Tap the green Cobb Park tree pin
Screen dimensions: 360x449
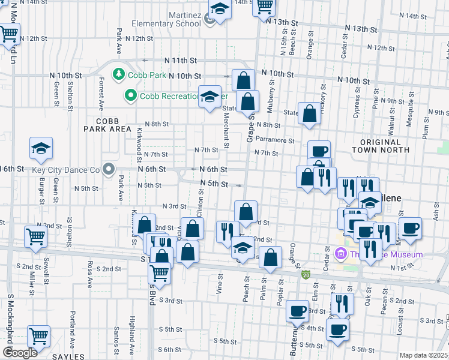pyautogui.click(x=119, y=74)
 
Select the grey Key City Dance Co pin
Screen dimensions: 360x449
pyautogui.click(x=108, y=170)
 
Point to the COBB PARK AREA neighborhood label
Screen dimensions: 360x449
pyautogui.click(x=107, y=125)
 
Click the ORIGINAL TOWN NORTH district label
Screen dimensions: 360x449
pyautogui.click(x=384, y=145)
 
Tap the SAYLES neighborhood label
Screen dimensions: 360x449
pyautogui.click(x=68, y=356)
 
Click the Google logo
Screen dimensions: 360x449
pyautogui.click(x=19, y=353)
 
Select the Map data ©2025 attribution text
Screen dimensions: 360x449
pyautogui.click(x=424, y=355)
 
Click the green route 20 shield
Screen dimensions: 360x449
pyautogui.click(x=306, y=274)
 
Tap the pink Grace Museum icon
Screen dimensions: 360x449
pyautogui.click(x=341, y=254)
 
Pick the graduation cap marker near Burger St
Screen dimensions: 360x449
pyautogui.click(x=41, y=149)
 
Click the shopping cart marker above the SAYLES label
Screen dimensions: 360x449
pyautogui.click(x=39, y=336)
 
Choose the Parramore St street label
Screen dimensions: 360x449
pyautogui.click(x=274, y=140)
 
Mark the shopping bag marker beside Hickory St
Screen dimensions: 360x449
pyautogui.click(x=309, y=114)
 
